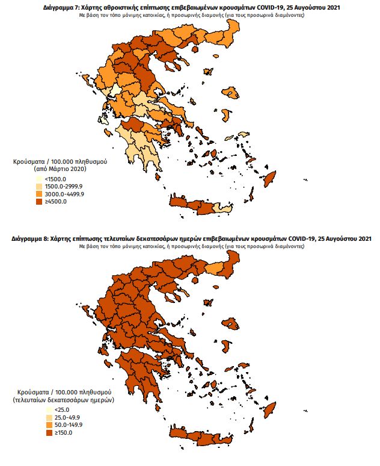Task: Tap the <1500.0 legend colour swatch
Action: pyautogui.click(x=39, y=179)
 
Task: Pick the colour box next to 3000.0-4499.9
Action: pyautogui.click(x=39, y=194)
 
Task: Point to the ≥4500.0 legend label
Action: pyautogui.click(x=56, y=201)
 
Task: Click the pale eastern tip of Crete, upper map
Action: pyautogui.click(x=223, y=208)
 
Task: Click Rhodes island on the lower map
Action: pyautogui.click(x=271, y=409)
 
